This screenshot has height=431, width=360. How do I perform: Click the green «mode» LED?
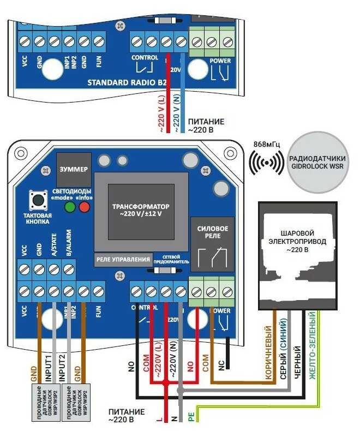pos(70,207)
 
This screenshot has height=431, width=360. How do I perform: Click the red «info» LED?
pos(84,207)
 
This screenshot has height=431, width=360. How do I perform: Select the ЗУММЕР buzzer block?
pos(73,169)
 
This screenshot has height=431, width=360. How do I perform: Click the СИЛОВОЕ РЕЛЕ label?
pos(212,232)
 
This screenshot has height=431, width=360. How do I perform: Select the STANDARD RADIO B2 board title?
pos(127,83)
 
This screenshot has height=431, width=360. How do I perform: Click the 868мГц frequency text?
pos(267,143)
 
